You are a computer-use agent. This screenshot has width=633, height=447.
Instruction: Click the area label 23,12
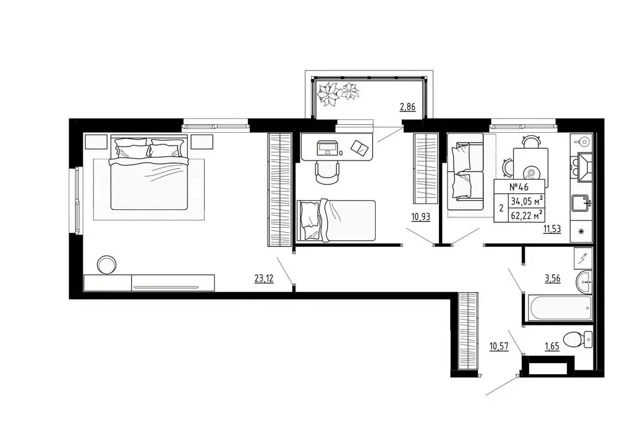tap(264, 278)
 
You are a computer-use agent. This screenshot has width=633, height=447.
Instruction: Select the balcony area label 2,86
tap(407, 107)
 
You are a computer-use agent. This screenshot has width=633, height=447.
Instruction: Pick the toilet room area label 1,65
tap(552, 346)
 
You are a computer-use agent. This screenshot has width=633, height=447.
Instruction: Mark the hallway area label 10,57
tap(498, 346)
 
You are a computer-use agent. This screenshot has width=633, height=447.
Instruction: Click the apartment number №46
tap(519, 186)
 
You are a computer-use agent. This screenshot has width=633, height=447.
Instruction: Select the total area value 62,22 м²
tap(527, 215)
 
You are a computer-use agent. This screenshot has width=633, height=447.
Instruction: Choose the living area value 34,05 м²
tap(527, 200)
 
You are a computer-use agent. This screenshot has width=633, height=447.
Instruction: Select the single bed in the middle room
tap(337, 220)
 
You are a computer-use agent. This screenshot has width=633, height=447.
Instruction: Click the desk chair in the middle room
tap(327, 171)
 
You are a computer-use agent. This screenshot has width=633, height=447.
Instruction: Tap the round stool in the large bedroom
tap(106, 264)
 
